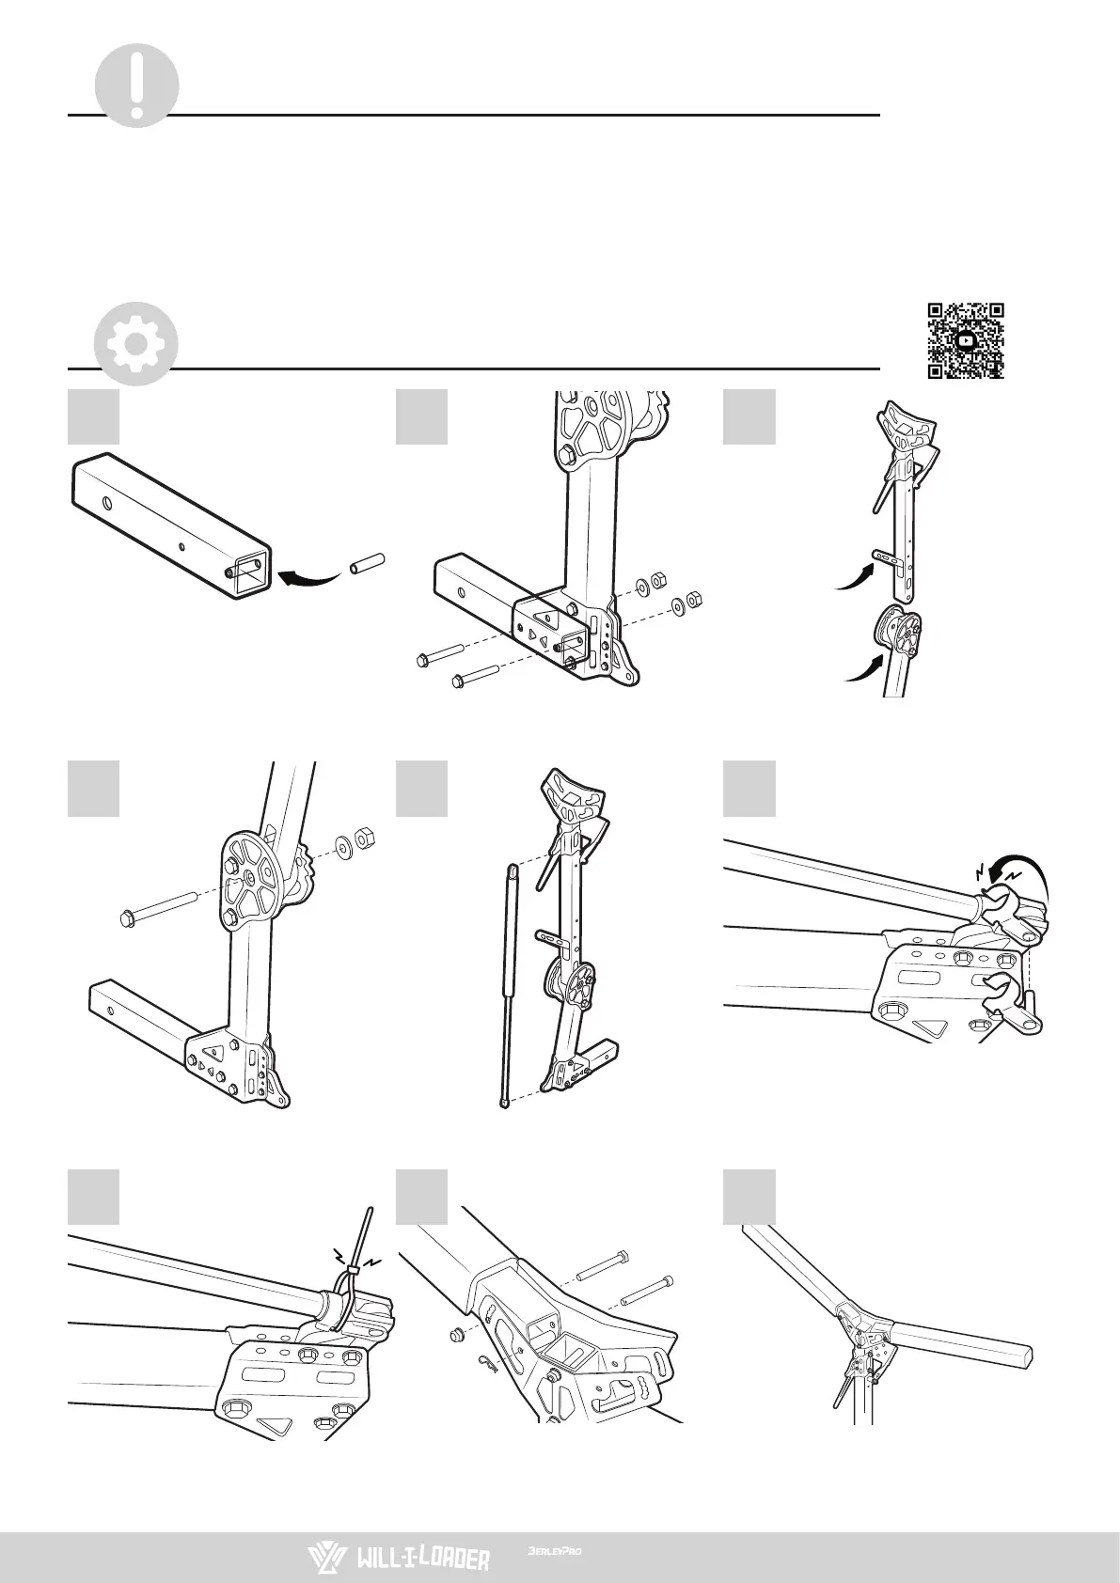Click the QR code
(966, 340)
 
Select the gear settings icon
(136, 343)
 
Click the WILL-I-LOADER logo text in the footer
(422, 1559)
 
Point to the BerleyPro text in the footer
(555, 1552)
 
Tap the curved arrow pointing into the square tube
(310, 576)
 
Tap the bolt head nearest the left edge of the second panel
(423, 661)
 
